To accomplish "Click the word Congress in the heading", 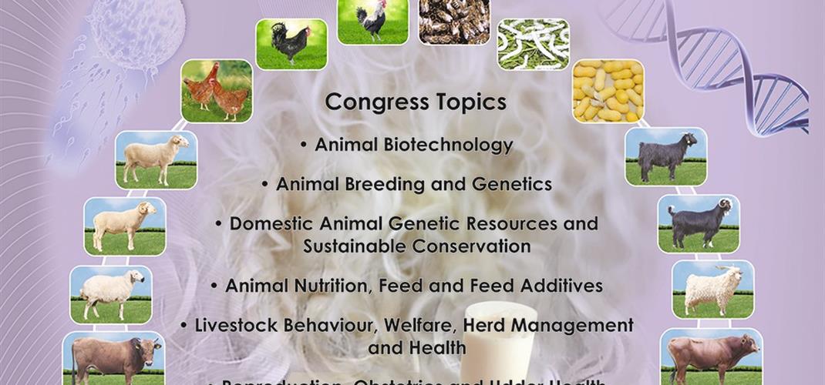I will tap(367, 102).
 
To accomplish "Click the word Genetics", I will tap(511, 185).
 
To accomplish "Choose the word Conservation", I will tap(471, 246).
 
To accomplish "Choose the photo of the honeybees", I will tap(453, 22).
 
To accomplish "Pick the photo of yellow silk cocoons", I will tap(608, 91).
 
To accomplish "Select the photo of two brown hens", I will tap(217, 91).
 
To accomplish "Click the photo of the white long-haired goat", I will tap(712, 289).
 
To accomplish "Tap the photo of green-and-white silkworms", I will tap(533, 45).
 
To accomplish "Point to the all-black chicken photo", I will tap(291, 45).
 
